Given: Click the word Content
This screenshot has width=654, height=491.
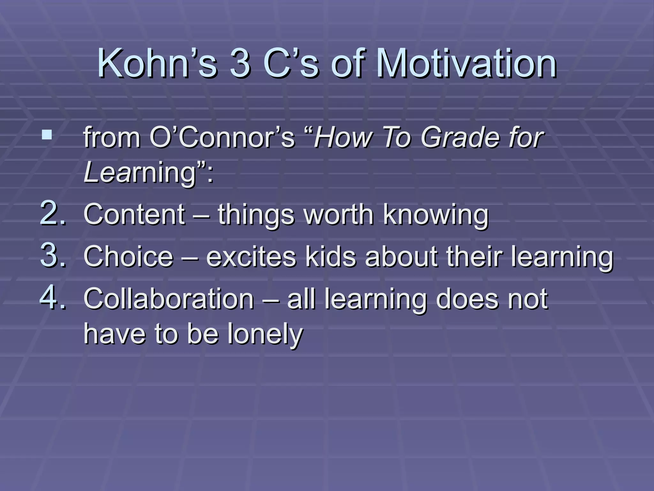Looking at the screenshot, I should [134, 214].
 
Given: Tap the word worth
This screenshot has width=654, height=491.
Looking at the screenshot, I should [339, 214].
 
